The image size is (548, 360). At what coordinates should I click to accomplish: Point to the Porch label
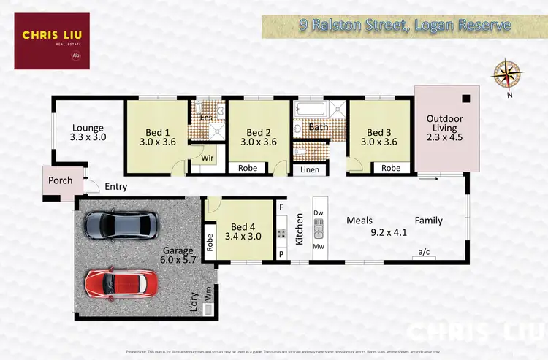(59, 180)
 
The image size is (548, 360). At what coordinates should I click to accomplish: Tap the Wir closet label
(206, 156)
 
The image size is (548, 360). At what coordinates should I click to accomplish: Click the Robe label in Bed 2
(247, 168)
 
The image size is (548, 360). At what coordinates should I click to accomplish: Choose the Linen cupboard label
(309, 169)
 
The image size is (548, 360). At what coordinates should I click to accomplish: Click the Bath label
(319, 127)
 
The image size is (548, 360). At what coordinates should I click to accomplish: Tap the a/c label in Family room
(424, 253)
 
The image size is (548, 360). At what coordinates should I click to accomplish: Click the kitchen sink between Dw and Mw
(319, 232)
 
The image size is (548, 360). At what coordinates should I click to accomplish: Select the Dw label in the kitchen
(318, 212)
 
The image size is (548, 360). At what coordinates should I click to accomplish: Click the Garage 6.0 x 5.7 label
(179, 254)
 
